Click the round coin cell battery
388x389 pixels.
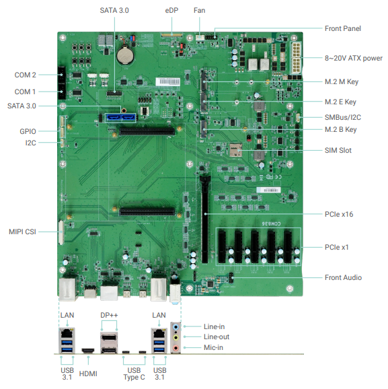tap(125, 55)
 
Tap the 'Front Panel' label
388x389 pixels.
tap(343, 28)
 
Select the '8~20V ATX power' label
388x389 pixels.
tap(354, 58)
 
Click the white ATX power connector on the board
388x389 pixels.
tap(296, 58)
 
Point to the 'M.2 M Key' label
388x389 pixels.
tap(342, 81)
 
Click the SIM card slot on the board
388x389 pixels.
tap(235, 150)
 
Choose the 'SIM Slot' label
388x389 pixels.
tap(338, 150)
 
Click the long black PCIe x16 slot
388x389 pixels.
tap(205, 219)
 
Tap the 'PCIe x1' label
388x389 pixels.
tap(336, 248)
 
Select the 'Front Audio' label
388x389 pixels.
tap(343, 277)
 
